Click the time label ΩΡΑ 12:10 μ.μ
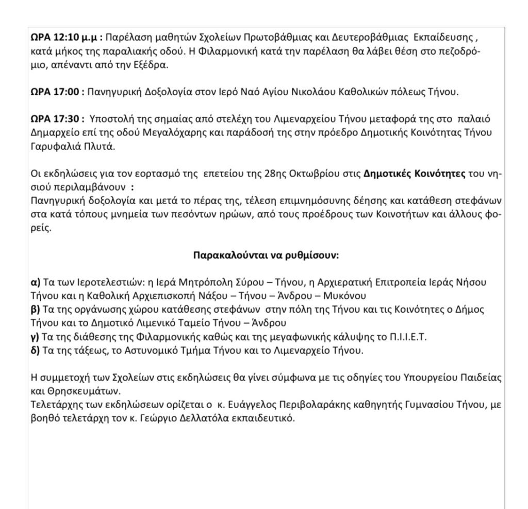point(66,39)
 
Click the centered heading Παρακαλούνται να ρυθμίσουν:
point(266,255)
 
